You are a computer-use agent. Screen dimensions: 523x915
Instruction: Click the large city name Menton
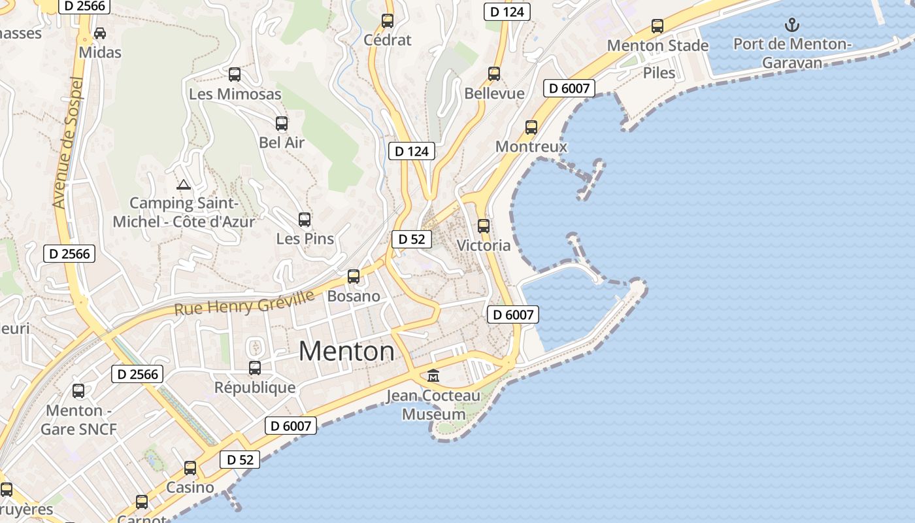tap(346, 352)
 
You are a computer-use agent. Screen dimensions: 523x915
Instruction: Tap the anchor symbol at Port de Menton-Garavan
tap(791, 25)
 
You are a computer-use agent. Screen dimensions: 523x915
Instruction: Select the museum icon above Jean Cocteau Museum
tap(433, 376)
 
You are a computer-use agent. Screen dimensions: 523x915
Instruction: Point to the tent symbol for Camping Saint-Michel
tap(184, 185)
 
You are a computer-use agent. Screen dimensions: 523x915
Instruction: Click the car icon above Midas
tap(100, 33)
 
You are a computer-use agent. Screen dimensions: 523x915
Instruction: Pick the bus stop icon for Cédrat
tap(388, 21)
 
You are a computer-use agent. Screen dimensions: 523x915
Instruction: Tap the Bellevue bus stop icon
tap(494, 74)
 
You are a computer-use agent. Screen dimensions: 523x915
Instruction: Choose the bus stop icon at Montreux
tap(531, 127)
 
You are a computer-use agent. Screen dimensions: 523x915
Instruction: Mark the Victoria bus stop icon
tap(484, 226)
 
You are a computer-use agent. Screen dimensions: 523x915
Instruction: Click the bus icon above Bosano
tap(354, 277)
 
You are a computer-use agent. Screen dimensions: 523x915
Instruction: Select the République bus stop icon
tap(255, 368)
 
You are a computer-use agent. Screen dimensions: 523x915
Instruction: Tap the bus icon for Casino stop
tap(190, 468)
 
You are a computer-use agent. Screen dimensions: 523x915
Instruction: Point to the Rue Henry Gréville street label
tap(244, 303)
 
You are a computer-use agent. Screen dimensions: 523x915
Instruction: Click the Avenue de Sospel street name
tap(69, 143)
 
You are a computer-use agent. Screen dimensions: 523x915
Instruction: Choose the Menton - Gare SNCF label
tap(78, 420)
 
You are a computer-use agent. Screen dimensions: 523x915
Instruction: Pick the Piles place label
tap(659, 73)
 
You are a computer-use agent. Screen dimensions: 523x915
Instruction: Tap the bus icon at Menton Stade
tap(657, 26)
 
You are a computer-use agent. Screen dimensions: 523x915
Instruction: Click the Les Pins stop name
tap(305, 239)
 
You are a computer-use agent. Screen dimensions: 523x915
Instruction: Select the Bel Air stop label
tap(282, 142)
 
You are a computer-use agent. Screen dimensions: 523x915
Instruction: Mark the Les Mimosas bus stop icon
tap(235, 75)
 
